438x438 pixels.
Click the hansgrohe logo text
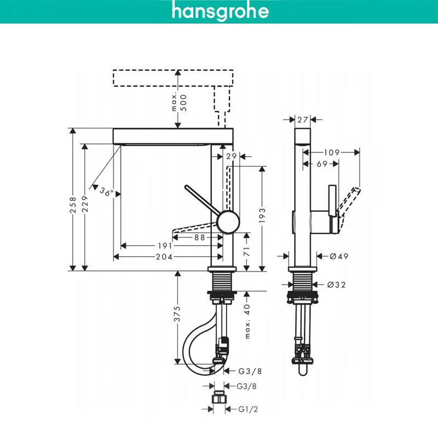[x=220, y=11]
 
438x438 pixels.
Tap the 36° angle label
[x=106, y=192]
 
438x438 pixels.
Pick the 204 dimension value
[x=165, y=257]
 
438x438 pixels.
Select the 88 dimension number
[x=200, y=237]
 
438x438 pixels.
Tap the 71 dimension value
[x=247, y=252]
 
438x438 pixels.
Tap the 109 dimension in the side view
[x=332, y=152]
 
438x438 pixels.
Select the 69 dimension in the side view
[x=322, y=163]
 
